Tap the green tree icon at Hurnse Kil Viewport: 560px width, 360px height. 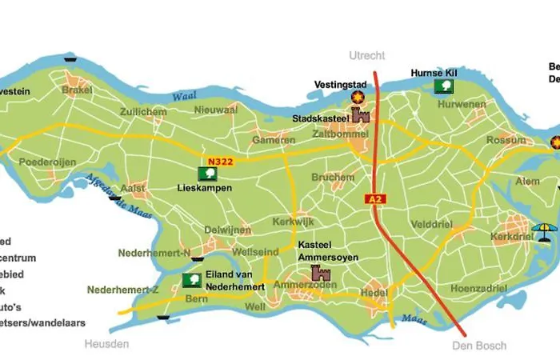click(441, 86)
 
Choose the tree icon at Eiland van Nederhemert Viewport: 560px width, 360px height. click(191, 279)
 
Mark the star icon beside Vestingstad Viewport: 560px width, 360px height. click(358, 97)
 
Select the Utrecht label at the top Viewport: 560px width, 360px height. click(367, 56)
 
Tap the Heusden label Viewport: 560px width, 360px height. click(106, 344)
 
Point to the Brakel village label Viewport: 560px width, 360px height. click(78, 91)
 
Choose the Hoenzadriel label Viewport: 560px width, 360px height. click(480, 287)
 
